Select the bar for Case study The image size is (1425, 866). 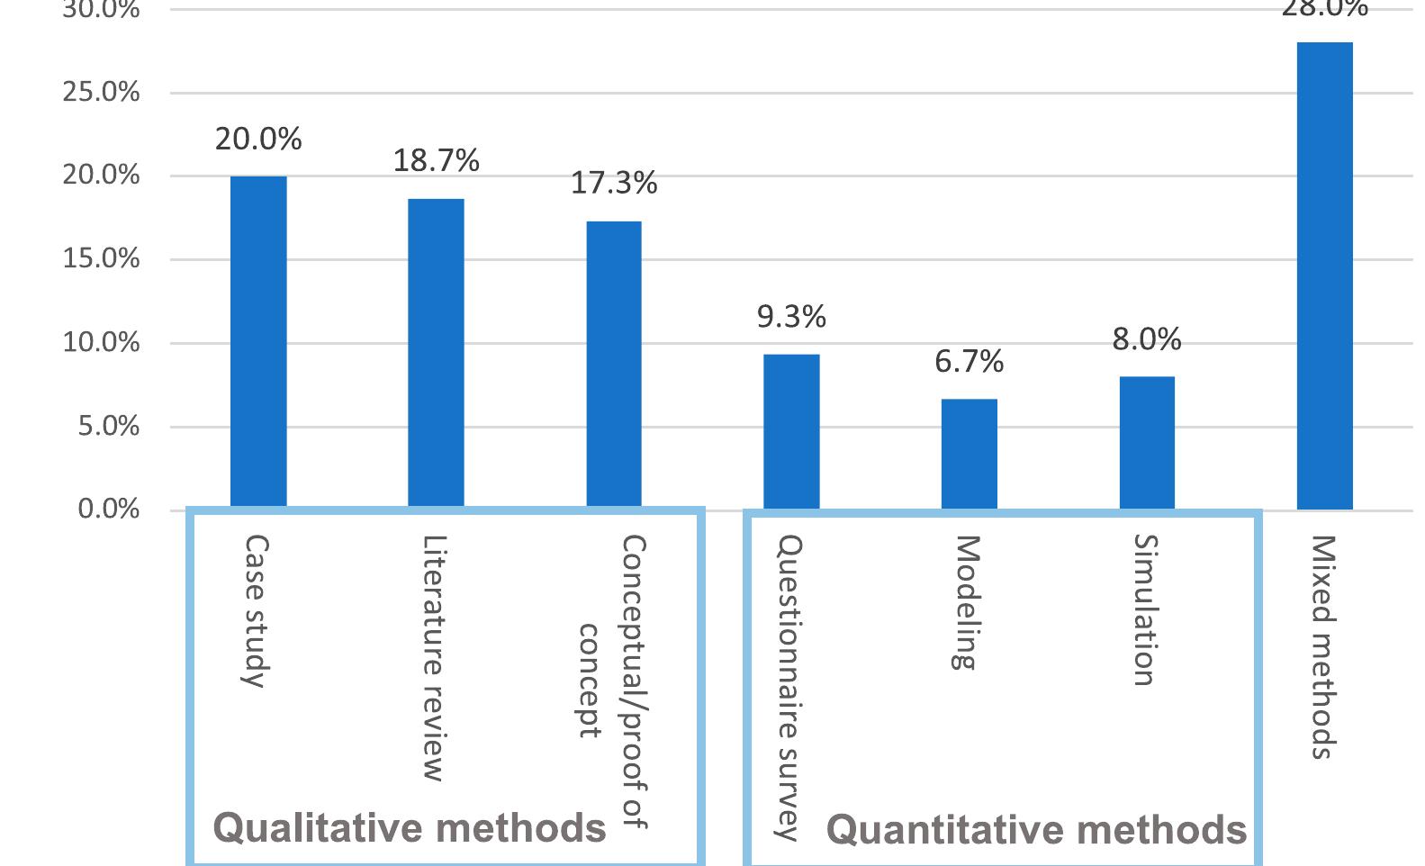pos(258,342)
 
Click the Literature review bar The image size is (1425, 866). pos(436,353)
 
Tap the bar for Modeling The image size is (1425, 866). pos(969,454)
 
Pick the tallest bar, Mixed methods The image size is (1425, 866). pos(1324,275)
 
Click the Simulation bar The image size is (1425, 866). pos(1147,443)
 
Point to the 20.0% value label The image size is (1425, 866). pos(258,140)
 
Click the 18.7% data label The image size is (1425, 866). pos(436,161)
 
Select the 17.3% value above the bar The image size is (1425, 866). pos(614,184)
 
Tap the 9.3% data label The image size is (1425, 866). pos(791,317)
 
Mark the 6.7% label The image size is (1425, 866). pos(969,362)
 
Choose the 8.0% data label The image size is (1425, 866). pos(1147,339)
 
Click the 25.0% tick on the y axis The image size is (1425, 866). pos(101,92)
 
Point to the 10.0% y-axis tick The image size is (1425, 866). pos(101,342)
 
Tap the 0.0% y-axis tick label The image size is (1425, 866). pos(108,510)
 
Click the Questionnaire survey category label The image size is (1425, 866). pos(789,688)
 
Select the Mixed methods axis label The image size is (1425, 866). pos(1321,647)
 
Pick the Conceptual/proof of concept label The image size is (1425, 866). pos(614,681)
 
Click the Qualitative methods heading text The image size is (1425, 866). pos(410,828)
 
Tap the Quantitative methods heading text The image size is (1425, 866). pos(1036,830)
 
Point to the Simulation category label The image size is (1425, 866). pos(1144,610)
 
